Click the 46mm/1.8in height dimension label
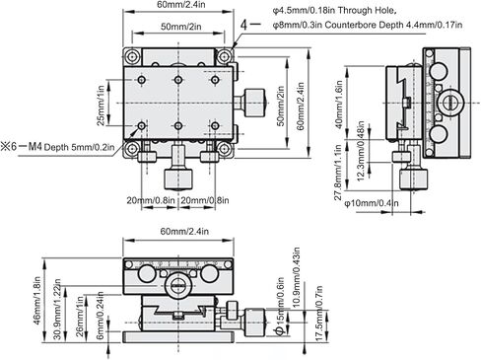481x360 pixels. pyautogui.click(x=37, y=301)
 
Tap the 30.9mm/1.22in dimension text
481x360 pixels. pyautogui.click(x=57, y=309)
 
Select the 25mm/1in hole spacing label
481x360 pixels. pyautogui.click(x=102, y=106)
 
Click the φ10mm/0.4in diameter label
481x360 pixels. pyautogui.click(x=372, y=203)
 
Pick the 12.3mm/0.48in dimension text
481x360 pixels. pyautogui.click(x=361, y=151)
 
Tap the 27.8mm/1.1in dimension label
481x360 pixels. pyautogui.click(x=338, y=173)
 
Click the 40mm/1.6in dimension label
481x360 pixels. pyautogui.click(x=339, y=105)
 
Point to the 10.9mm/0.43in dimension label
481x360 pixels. pyautogui.click(x=296, y=277)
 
